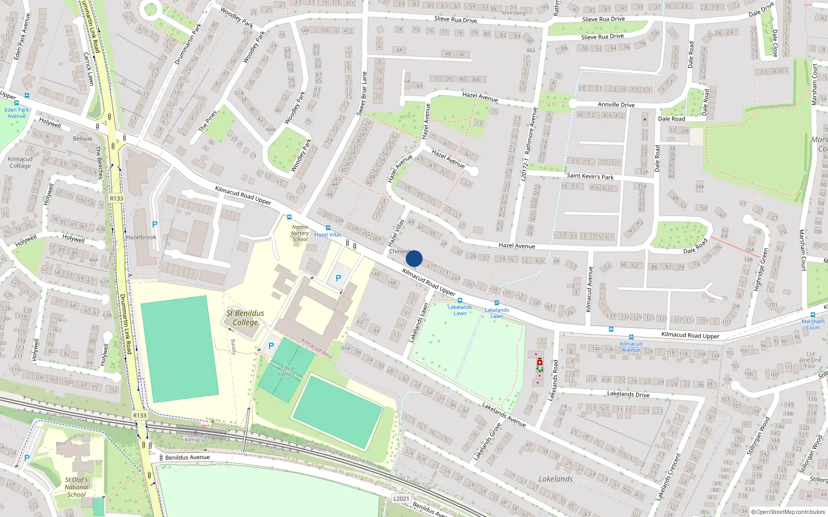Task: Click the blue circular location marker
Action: tap(414, 258)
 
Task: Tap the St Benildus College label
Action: tap(245, 317)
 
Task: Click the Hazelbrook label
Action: tap(141, 237)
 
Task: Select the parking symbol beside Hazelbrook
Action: tap(154, 224)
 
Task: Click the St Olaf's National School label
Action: tap(77, 487)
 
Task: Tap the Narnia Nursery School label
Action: tap(300, 233)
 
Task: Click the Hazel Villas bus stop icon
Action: tap(328, 228)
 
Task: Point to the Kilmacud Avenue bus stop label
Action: tap(631, 347)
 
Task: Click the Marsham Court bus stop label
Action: tap(812, 324)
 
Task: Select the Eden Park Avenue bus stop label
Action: tap(17, 113)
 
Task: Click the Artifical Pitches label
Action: tap(286, 371)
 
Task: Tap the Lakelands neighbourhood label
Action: tap(555, 479)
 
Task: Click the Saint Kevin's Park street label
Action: tap(590, 176)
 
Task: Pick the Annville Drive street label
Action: tap(616, 104)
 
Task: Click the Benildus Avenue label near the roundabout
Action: tap(187, 458)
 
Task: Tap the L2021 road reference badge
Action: tap(401, 498)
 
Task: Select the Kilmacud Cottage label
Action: tap(20, 162)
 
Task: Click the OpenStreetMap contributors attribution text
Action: tap(788, 512)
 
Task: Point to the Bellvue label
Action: tap(82, 139)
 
